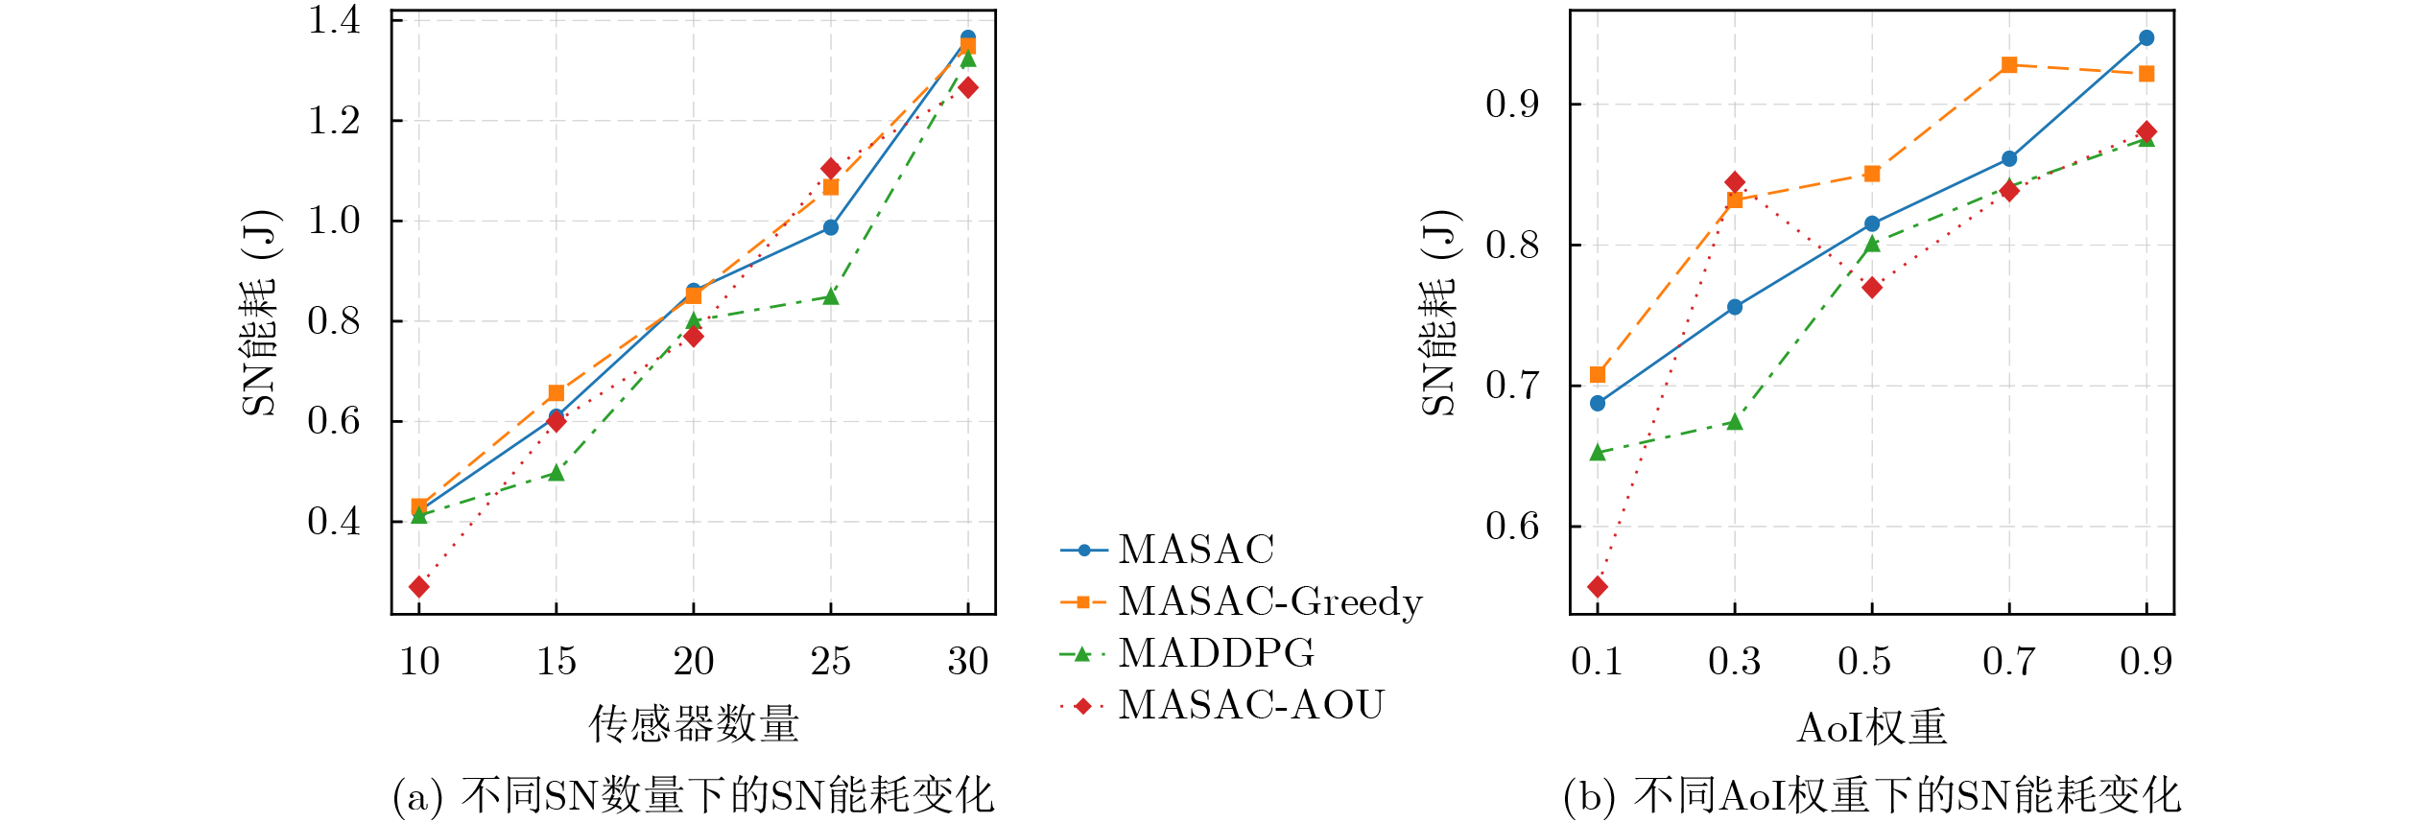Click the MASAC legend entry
[x=1196, y=551]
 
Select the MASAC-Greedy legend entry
[x=1269, y=602]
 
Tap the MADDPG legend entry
[x=1216, y=654]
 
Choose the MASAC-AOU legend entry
[x=1250, y=706]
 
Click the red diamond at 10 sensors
[x=419, y=587]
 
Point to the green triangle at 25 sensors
[x=831, y=296]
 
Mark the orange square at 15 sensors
[x=557, y=393]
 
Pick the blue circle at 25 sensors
[x=831, y=227]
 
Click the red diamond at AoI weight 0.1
[x=1598, y=587]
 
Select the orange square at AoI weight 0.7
[x=2009, y=65]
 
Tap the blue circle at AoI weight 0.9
[x=2146, y=38]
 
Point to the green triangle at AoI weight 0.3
[x=1735, y=422]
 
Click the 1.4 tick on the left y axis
[x=334, y=20]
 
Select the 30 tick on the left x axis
[x=968, y=662]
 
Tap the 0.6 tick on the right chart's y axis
[x=1512, y=527]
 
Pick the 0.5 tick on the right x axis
[x=1863, y=662]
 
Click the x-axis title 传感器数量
[x=694, y=724]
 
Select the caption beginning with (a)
[x=694, y=796]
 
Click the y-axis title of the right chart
[x=1439, y=312]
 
